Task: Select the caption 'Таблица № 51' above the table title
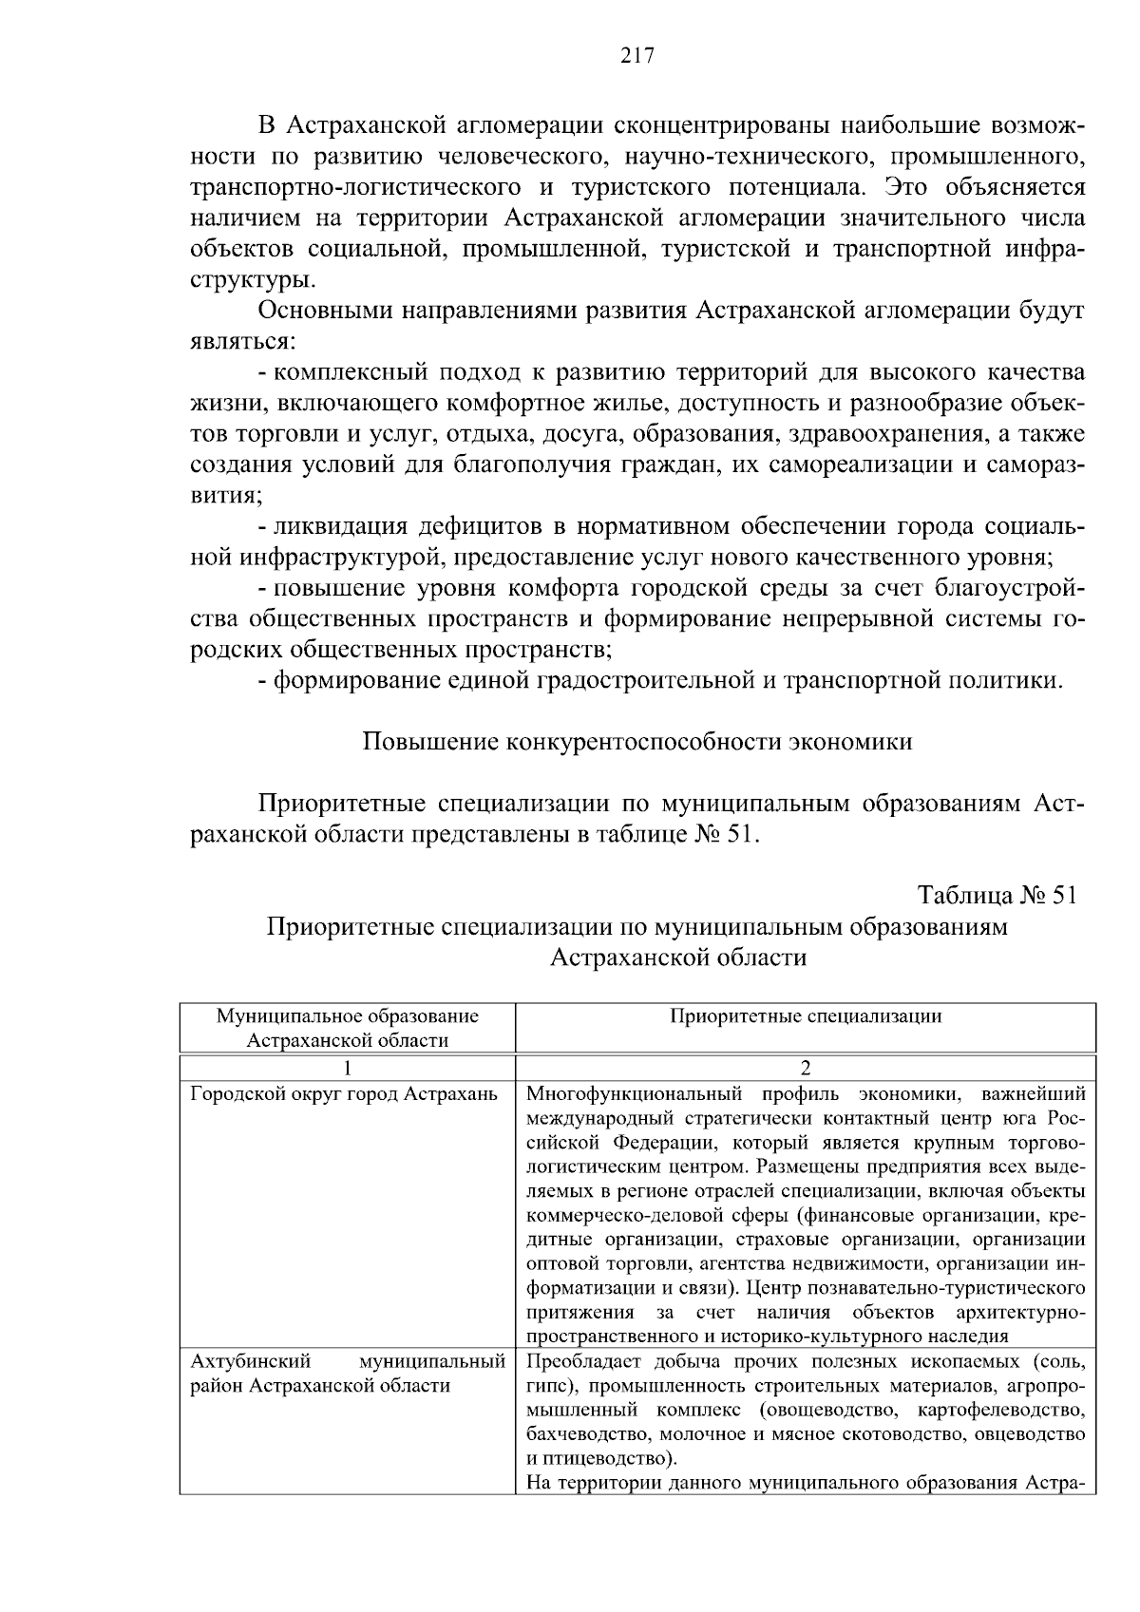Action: tap(997, 896)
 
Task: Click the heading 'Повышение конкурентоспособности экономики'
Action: tap(637, 742)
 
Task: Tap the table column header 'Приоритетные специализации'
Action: tap(806, 1016)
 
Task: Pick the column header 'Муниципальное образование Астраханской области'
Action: tap(348, 1028)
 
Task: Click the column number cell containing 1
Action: tap(348, 1067)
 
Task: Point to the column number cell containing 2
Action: tap(806, 1067)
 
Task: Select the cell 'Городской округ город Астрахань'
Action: tap(344, 1093)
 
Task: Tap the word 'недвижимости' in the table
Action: tap(839, 1264)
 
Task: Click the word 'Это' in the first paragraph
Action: tap(909, 187)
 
